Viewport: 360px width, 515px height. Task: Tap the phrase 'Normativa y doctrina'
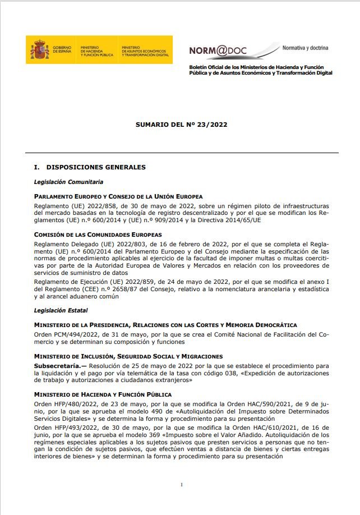tap(305, 48)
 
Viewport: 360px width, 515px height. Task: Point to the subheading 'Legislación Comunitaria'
tap(68, 182)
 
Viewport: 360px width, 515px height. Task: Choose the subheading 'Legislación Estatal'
tap(61, 310)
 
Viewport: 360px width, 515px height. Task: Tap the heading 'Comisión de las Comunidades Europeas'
tap(98, 234)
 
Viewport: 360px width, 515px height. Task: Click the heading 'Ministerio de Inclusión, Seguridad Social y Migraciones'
tap(128, 356)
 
